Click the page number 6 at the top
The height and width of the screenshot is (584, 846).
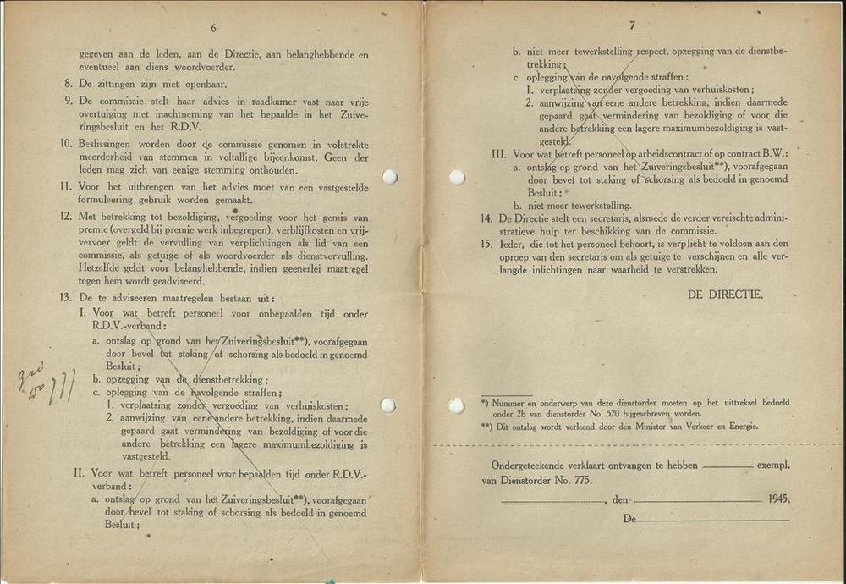[213, 28]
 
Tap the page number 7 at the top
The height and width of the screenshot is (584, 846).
[632, 25]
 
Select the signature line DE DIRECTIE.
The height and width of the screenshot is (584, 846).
[724, 295]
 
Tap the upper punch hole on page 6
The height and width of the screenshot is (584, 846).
[389, 177]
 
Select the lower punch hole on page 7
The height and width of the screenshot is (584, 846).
[457, 405]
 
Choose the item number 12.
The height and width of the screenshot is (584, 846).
[65, 217]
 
